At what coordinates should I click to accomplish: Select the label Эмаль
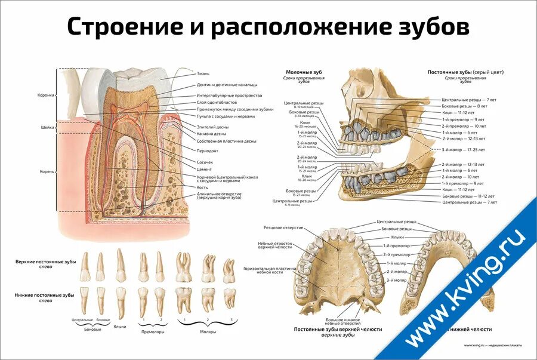(203, 73)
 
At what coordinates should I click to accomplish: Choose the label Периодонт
(208, 150)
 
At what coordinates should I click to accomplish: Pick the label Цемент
(204, 169)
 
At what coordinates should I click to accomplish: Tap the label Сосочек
(205, 162)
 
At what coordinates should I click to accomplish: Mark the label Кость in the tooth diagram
(202, 187)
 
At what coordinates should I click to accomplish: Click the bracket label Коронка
(45, 95)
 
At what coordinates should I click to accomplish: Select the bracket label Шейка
(47, 127)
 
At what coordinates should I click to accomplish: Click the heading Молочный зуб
(300, 72)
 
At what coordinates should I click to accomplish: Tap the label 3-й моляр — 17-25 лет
(463, 149)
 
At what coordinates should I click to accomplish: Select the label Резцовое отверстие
(281, 227)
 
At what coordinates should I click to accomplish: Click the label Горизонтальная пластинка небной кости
(270, 271)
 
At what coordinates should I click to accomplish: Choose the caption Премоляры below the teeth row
(152, 331)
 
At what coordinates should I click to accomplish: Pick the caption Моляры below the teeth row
(208, 331)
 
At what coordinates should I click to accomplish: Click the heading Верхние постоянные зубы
(45, 262)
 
